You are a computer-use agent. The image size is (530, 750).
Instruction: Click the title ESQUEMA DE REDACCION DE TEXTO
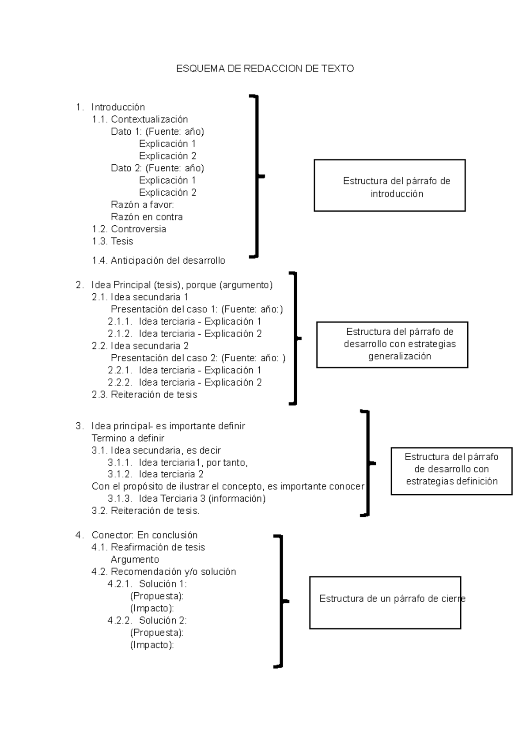pyautogui.click(x=265, y=68)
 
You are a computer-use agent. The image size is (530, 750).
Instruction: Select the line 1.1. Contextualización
pyautogui.click(x=140, y=119)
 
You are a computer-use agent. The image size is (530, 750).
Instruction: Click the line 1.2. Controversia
pyautogui.click(x=129, y=229)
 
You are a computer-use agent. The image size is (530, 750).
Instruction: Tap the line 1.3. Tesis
pyautogui.click(x=113, y=241)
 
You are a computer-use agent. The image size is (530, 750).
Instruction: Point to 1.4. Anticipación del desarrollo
pyautogui.click(x=159, y=261)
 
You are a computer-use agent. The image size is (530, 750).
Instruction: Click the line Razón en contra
pyautogui.click(x=147, y=217)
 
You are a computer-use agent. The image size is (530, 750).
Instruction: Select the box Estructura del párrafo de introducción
pyautogui.click(x=390, y=186)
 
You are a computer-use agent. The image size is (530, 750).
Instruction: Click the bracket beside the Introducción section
pyautogui.click(x=257, y=176)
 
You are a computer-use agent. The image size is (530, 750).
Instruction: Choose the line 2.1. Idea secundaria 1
pyautogui.click(x=140, y=297)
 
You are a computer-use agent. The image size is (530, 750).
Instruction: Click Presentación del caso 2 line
pyautogui.click(x=198, y=358)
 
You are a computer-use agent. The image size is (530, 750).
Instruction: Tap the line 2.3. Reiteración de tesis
pyautogui.click(x=144, y=394)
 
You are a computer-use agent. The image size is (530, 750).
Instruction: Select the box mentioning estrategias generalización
pyautogui.click(x=392, y=345)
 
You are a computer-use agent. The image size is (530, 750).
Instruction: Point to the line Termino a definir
pyautogui.click(x=128, y=438)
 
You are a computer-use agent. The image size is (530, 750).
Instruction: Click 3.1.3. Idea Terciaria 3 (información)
pyautogui.click(x=186, y=499)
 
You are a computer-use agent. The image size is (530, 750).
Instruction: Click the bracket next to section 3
pyautogui.click(x=367, y=463)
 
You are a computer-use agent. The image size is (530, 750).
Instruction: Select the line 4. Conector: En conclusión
pyautogui.click(x=137, y=535)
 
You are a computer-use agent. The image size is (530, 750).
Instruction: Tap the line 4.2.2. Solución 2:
pyautogui.click(x=147, y=620)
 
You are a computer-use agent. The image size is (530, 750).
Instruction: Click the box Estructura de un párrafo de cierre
pyautogui.click(x=385, y=602)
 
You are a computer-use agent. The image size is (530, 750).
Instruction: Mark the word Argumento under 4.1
pyautogui.click(x=135, y=560)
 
